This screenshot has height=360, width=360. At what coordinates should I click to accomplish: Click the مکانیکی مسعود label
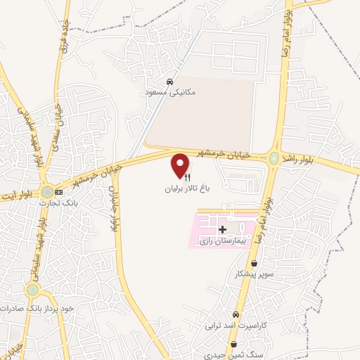tap(170, 92)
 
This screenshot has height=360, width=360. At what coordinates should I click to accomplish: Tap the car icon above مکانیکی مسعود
tap(169, 81)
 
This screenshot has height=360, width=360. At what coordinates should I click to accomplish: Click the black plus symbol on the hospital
tap(223, 229)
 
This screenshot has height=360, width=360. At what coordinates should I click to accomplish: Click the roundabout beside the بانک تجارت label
tap(47, 191)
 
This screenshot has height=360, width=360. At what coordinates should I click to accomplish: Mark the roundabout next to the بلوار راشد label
tap(274, 158)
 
